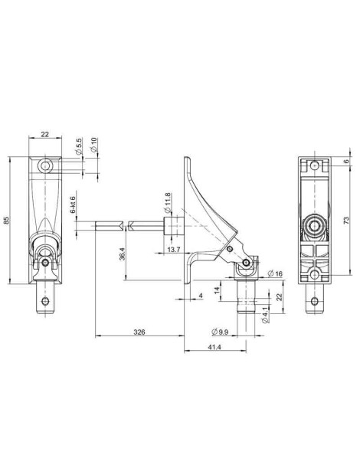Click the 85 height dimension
click(7, 221)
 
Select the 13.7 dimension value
click(172, 250)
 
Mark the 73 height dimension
click(347, 221)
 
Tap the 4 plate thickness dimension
click(201, 295)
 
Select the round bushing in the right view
click(313, 226)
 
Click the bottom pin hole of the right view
click(313, 301)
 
